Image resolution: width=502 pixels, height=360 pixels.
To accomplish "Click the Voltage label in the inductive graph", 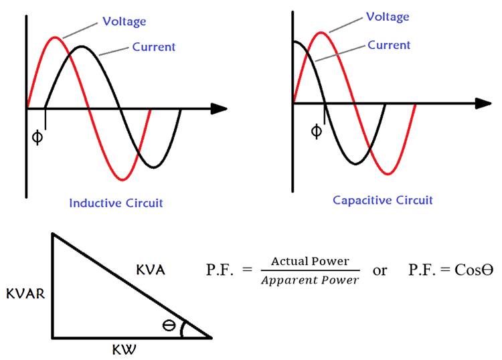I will click(124, 22).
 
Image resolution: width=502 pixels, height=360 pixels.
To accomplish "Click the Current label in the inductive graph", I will click(153, 47).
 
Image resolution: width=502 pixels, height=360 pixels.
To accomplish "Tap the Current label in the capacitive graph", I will click(389, 45).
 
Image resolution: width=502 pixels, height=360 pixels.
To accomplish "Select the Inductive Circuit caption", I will click(116, 203).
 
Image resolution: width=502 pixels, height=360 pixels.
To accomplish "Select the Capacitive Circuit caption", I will click(383, 200).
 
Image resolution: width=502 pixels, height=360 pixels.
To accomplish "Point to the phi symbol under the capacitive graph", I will click(316, 130).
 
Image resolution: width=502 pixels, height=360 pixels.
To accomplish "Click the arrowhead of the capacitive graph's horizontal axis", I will click(483, 104).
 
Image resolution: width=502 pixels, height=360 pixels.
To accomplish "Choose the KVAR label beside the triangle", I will click(25, 293).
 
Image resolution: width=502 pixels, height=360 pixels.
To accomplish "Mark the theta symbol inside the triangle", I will click(170, 326).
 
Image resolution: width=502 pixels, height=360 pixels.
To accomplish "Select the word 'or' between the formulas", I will click(380, 270).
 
